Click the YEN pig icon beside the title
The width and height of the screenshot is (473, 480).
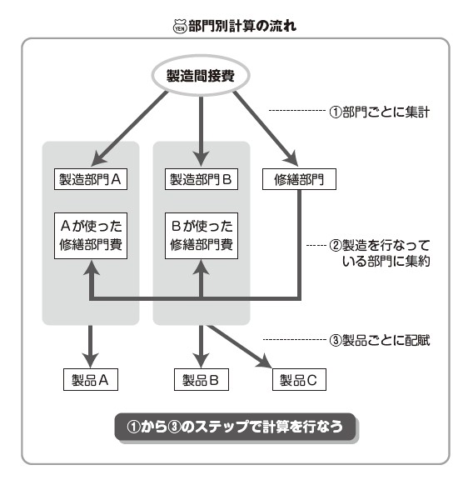click(x=180, y=27)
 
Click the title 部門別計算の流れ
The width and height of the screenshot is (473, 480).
click(x=242, y=26)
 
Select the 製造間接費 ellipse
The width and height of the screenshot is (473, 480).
click(x=201, y=75)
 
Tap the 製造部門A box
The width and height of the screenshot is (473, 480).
click(x=91, y=179)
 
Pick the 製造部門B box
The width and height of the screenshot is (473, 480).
click(x=202, y=179)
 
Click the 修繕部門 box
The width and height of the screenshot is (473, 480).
click(x=299, y=179)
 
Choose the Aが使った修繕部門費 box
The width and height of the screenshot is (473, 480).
click(x=91, y=236)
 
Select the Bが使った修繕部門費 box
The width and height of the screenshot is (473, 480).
click(x=202, y=236)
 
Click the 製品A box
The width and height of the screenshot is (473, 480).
click(x=91, y=380)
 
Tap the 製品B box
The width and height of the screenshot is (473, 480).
click(x=202, y=380)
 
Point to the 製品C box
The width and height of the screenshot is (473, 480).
click(x=299, y=380)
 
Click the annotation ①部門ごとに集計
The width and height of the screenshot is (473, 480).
click(x=380, y=112)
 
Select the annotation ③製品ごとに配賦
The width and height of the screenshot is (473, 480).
click(x=380, y=340)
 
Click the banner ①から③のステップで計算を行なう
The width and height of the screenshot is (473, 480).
click(x=235, y=427)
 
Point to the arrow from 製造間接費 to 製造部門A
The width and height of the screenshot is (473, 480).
click(x=129, y=128)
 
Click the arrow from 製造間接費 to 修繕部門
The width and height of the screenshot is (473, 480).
click(x=266, y=128)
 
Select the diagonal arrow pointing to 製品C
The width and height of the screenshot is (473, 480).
click(x=239, y=346)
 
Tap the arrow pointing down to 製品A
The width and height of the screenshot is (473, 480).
click(x=90, y=347)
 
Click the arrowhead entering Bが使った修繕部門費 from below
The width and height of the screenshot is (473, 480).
click(x=201, y=267)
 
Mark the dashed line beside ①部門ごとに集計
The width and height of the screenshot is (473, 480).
click(x=296, y=110)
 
